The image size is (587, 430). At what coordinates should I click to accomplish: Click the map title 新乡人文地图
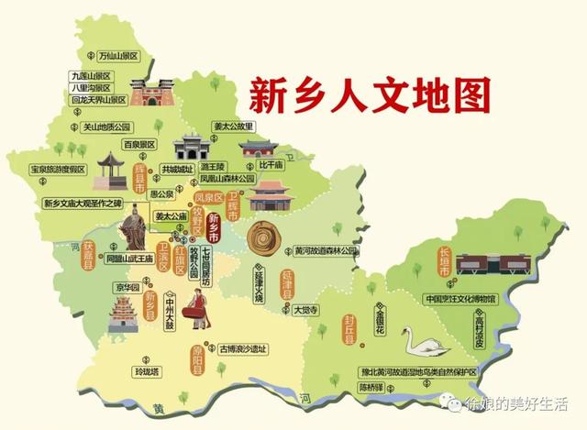(x=364, y=94)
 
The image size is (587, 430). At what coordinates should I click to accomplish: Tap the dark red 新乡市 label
(x=214, y=226)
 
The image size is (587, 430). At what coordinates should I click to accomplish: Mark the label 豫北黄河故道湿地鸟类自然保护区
(x=418, y=372)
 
